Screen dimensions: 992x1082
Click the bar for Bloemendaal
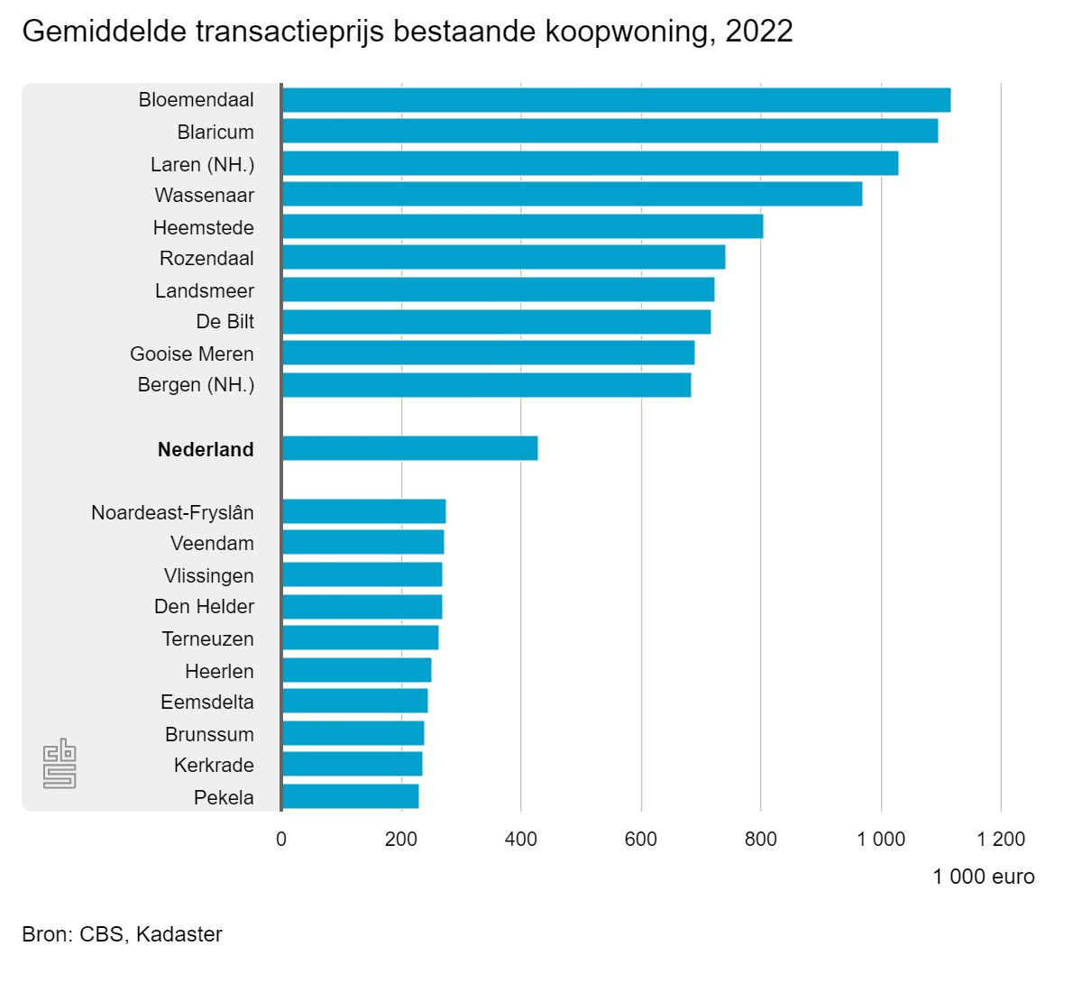pyautogui.click(x=616, y=100)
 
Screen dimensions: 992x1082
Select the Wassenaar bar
pyautogui.click(x=572, y=194)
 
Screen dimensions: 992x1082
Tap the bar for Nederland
pyautogui.click(x=409, y=448)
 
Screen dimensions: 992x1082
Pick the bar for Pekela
pyautogui.click(x=350, y=796)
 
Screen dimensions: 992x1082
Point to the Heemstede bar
pyautogui.click(x=522, y=226)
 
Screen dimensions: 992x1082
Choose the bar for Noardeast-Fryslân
pyautogui.click(x=363, y=511)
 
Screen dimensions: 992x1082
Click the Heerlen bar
pyautogui.click(x=356, y=670)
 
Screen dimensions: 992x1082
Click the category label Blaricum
pyautogui.click(x=215, y=133)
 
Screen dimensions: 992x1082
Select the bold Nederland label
pyautogui.click(x=206, y=449)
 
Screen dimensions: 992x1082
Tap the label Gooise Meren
pyautogui.click(x=192, y=354)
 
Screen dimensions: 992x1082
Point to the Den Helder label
pyautogui.click(x=204, y=606)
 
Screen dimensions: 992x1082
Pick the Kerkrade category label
pyautogui.click(x=214, y=765)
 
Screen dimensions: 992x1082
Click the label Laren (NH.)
pyautogui.click(x=202, y=164)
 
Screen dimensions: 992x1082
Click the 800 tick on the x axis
pyautogui.click(x=760, y=839)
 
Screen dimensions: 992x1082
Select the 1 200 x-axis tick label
pyautogui.click(x=1001, y=839)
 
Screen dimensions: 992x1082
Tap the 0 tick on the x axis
pyautogui.click(x=281, y=839)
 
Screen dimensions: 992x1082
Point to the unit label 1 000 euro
pyautogui.click(x=983, y=877)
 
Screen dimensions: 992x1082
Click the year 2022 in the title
pyautogui.click(x=759, y=32)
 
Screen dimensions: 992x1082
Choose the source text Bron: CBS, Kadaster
pyautogui.click(x=122, y=934)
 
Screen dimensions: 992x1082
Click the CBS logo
pyautogui.click(x=60, y=764)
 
